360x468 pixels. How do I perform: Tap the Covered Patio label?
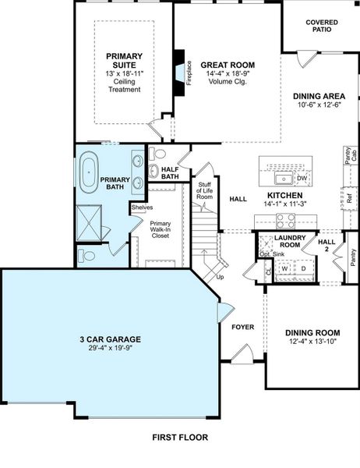click(x=322, y=26)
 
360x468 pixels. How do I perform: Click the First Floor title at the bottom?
click(x=180, y=438)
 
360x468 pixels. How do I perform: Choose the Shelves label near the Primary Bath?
click(x=141, y=207)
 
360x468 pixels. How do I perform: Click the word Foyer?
click(x=242, y=327)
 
